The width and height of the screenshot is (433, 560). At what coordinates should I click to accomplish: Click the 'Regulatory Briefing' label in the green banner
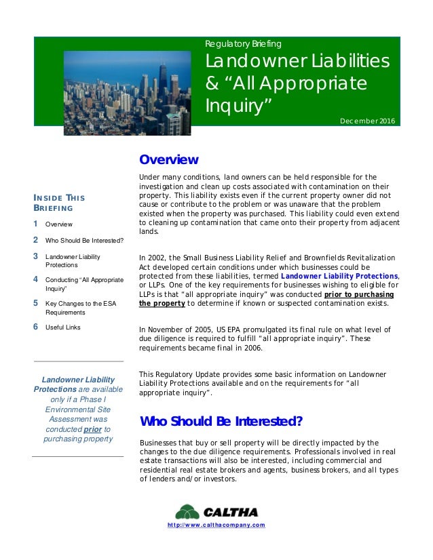coord(242,44)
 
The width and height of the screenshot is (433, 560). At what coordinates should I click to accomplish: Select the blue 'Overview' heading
coord(168,160)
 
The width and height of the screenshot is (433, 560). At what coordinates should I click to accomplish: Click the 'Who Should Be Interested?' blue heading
coord(221,422)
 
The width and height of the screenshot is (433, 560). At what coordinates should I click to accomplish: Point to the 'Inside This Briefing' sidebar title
coord(59,203)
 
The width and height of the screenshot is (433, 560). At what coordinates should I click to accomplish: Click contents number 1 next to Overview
coord(35,223)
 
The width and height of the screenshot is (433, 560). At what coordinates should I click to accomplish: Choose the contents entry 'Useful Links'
coord(62,327)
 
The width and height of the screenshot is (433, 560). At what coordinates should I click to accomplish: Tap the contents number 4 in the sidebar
coord(35,279)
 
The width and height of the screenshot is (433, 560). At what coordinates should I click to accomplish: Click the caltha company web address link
coord(215,525)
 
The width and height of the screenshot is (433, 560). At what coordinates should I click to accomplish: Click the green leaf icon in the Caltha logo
coord(187,512)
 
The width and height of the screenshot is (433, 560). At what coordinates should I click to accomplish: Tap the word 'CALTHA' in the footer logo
coord(231,512)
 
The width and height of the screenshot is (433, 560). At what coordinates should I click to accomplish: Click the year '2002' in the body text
coord(157,258)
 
